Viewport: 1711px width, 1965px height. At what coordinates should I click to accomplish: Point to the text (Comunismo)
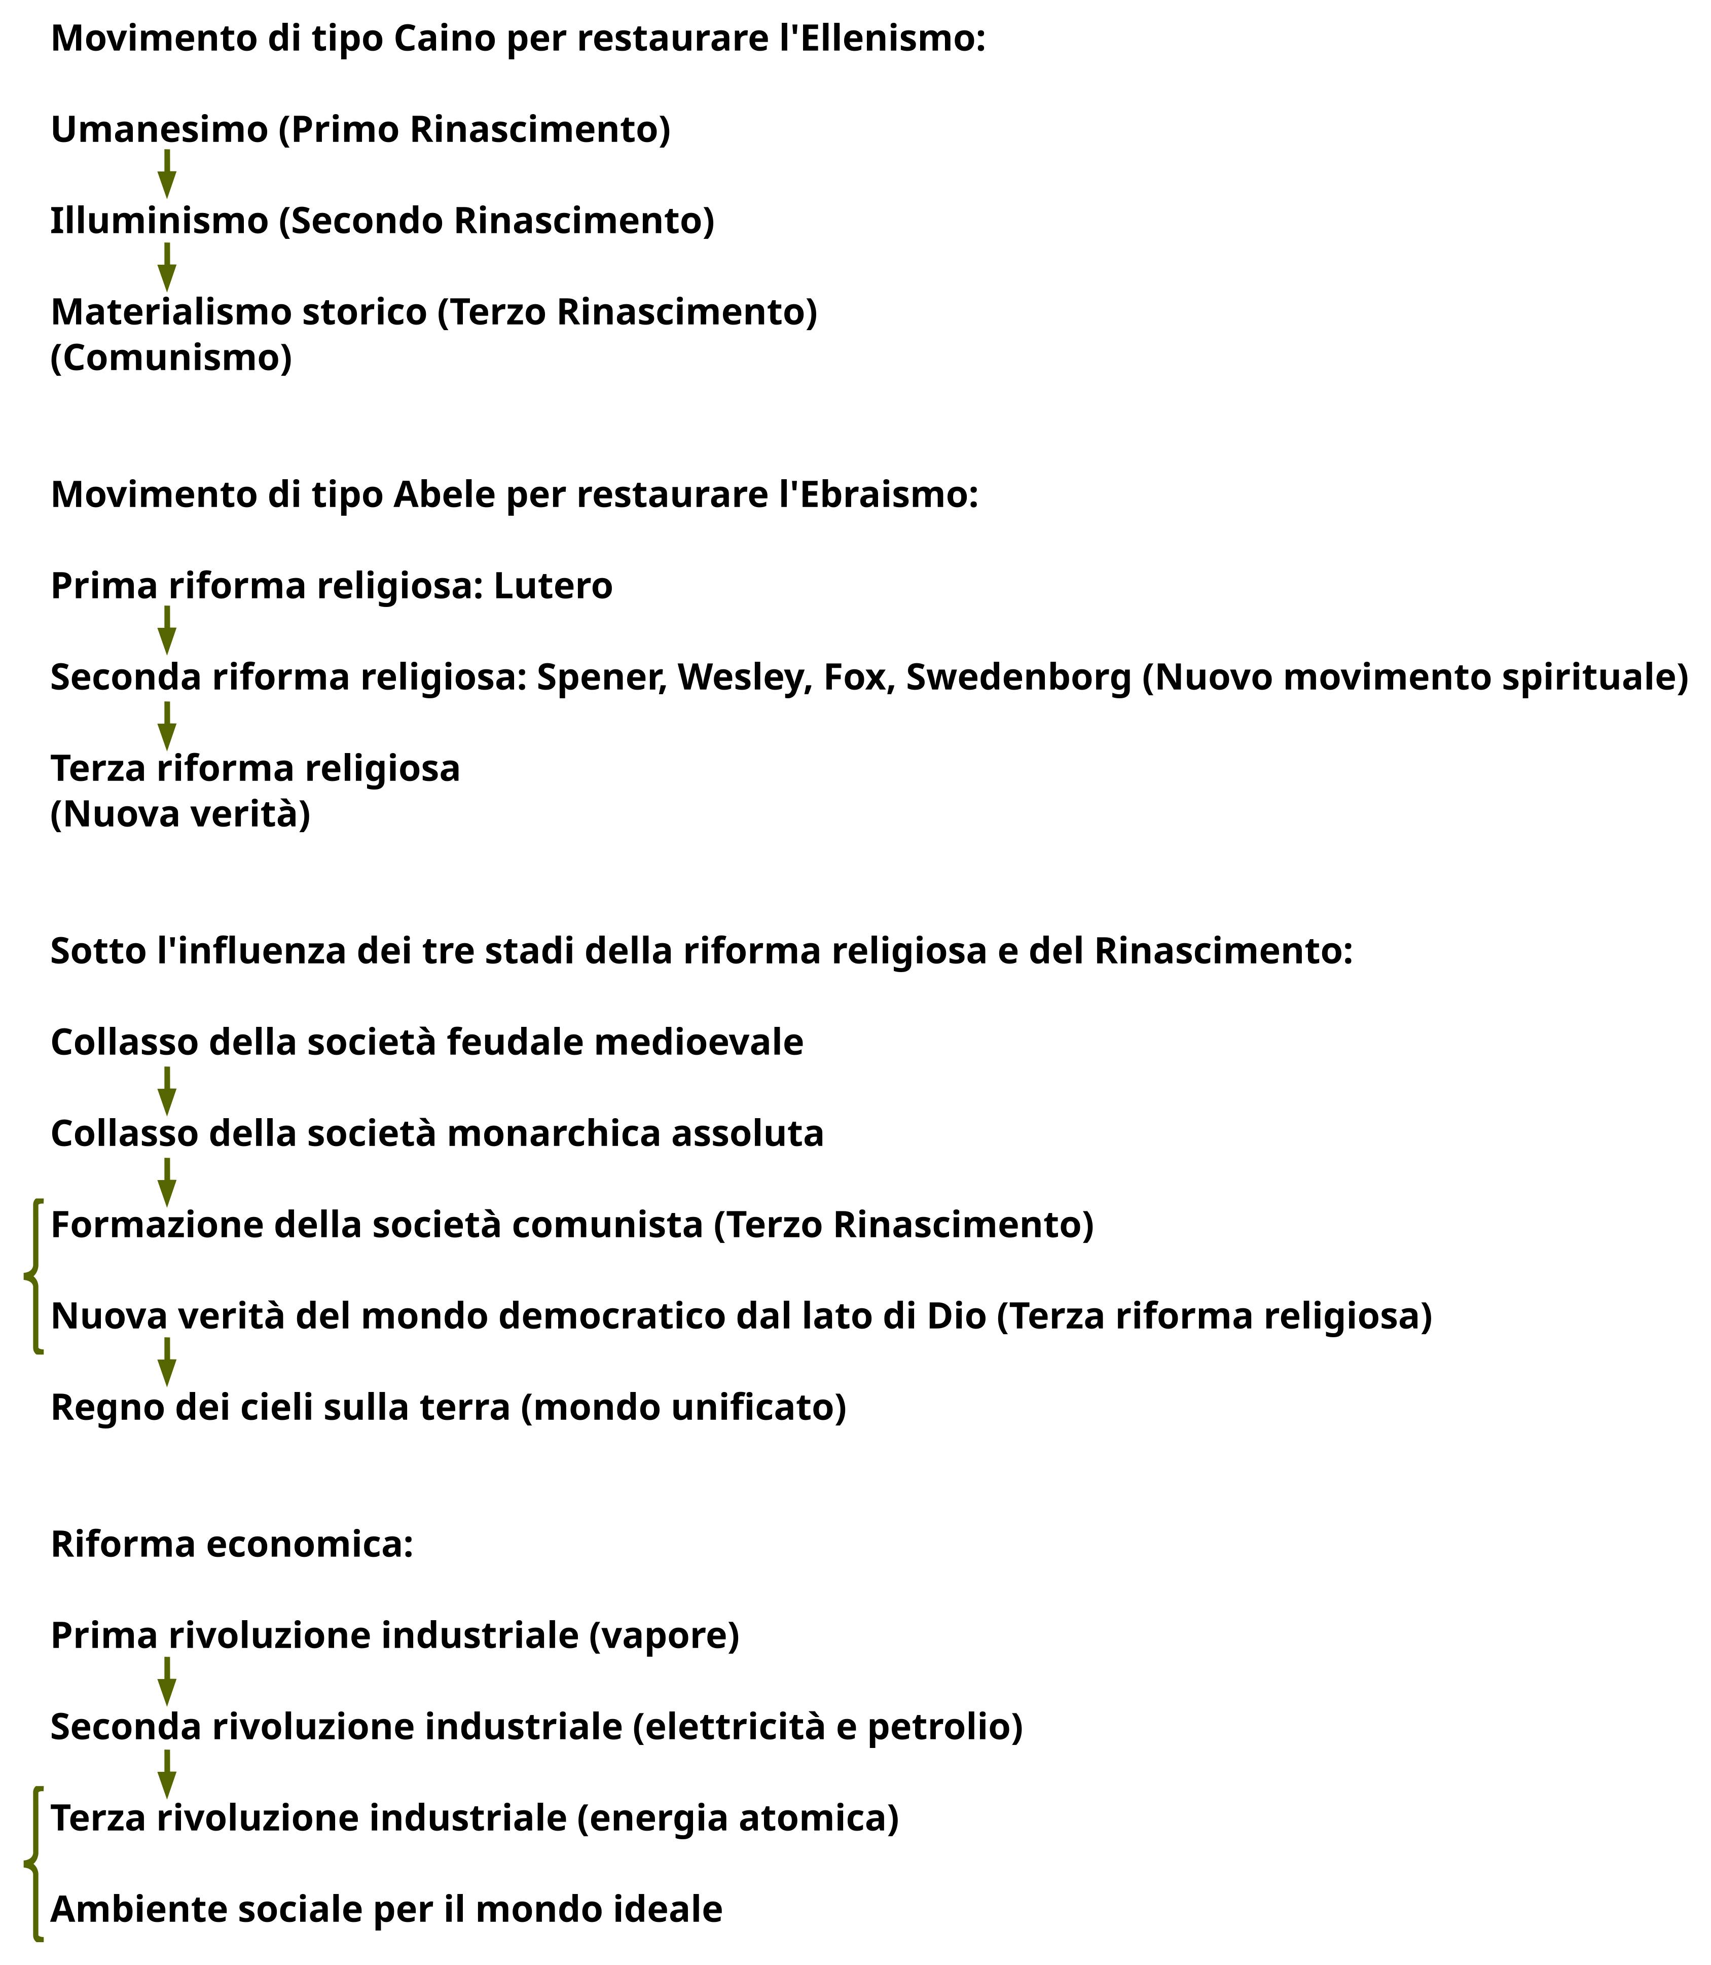[171, 358]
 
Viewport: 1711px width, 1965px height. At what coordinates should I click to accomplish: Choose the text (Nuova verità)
[180, 814]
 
